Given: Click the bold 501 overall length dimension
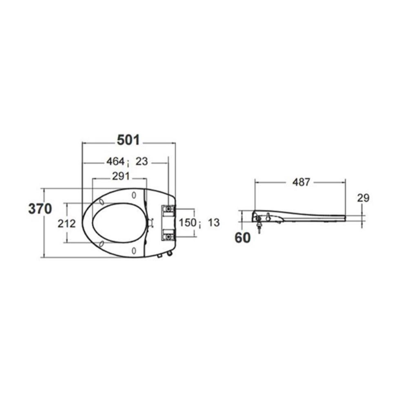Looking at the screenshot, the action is point(128,140).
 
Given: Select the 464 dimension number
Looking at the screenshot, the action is point(115,162).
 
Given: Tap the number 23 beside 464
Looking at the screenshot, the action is point(142,162).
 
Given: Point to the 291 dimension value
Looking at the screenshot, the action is point(121,176).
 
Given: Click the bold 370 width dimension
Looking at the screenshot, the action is point(40,208).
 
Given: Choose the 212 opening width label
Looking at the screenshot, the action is point(67,224).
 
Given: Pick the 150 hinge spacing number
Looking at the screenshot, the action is point(187,222).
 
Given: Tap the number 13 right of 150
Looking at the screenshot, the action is point(214,222).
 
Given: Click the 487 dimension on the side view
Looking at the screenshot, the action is point(302,182).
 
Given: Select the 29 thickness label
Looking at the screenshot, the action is point(363,198).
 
